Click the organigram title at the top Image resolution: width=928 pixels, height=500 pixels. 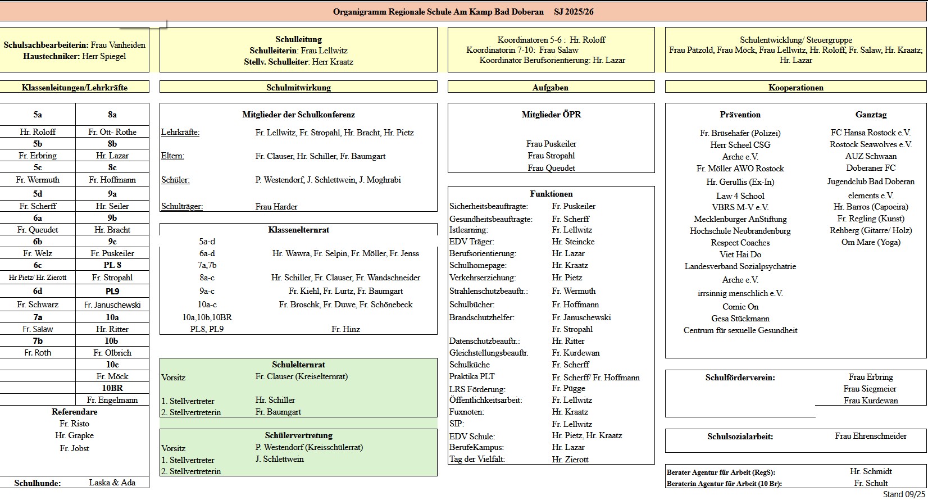point(463,11)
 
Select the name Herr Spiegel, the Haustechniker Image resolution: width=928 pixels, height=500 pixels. point(104,56)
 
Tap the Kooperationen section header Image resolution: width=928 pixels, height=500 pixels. point(795,88)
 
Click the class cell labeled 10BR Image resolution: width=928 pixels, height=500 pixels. point(112,388)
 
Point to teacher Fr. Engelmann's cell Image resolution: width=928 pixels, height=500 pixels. point(112,400)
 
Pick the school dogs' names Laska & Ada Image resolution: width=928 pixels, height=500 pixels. point(112,483)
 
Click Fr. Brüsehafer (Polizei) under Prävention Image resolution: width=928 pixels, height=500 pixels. point(740,133)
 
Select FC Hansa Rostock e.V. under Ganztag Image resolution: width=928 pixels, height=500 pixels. point(870,133)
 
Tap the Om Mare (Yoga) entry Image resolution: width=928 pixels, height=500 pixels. point(870,242)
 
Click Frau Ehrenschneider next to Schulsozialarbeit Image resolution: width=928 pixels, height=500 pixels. point(871,436)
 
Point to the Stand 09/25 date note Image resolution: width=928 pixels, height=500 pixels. point(903,494)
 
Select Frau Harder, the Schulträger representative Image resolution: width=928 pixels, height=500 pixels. point(276,207)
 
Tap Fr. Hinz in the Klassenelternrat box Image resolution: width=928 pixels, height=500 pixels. point(345,329)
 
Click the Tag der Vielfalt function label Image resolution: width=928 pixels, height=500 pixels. point(477,459)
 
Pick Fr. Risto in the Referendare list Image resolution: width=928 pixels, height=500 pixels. point(74,424)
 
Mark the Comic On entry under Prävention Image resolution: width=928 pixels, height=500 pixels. point(740,307)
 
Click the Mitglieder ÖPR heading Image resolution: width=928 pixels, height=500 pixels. point(551,115)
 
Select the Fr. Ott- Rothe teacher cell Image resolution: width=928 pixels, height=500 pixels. point(112,132)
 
